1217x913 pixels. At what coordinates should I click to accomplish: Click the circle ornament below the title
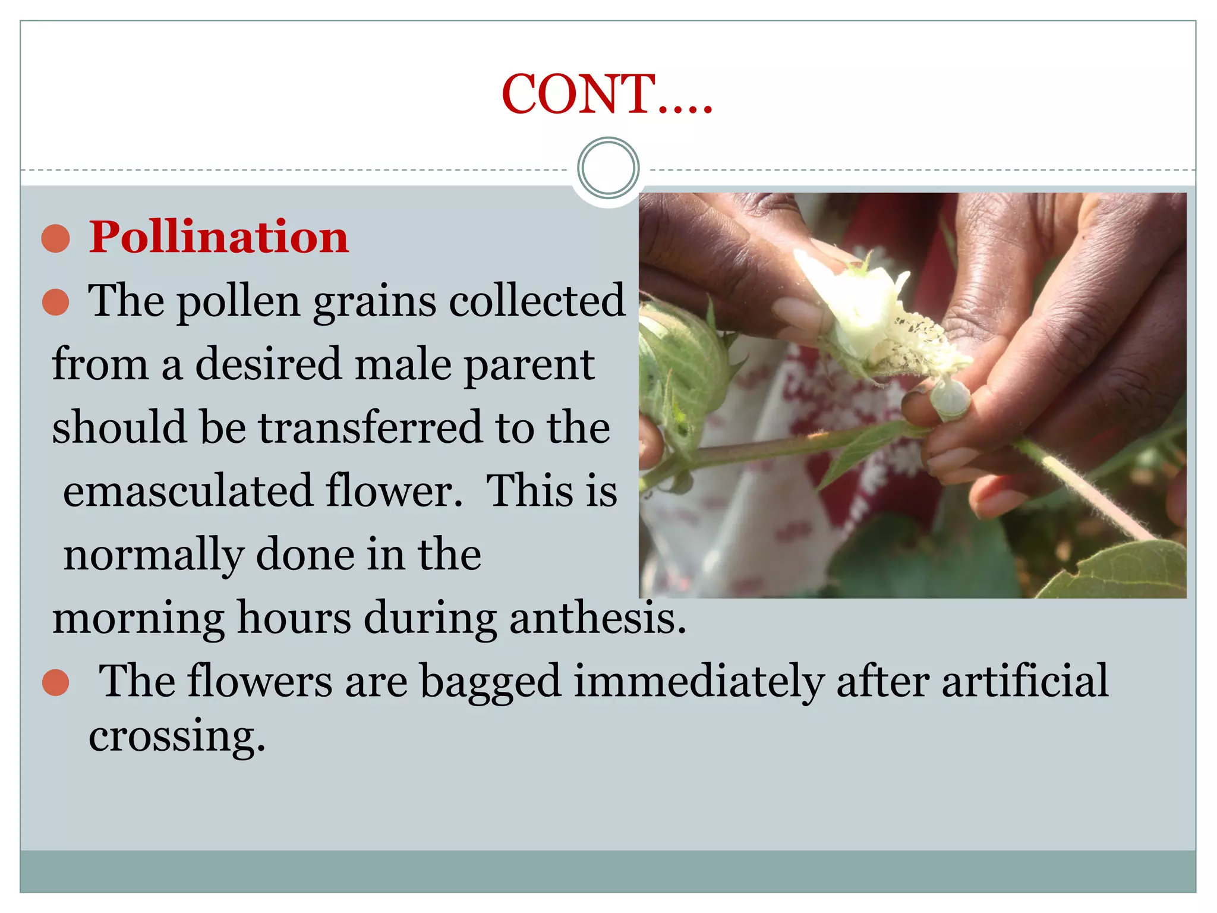[x=608, y=168]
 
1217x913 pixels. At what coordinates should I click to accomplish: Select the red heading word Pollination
[x=219, y=237]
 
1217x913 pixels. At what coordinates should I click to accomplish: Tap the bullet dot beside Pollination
[x=56, y=238]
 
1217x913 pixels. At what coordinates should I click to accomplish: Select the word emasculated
[x=187, y=491]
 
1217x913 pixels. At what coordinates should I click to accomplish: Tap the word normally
[x=153, y=555]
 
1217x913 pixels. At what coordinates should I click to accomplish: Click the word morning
[x=138, y=619]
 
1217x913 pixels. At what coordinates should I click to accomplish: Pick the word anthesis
[x=597, y=618]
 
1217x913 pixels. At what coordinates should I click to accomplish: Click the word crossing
[x=176, y=736]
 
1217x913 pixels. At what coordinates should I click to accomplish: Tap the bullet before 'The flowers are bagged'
[x=56, y=682]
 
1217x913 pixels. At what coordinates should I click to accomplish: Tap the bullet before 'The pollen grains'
[x=56, y=302]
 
